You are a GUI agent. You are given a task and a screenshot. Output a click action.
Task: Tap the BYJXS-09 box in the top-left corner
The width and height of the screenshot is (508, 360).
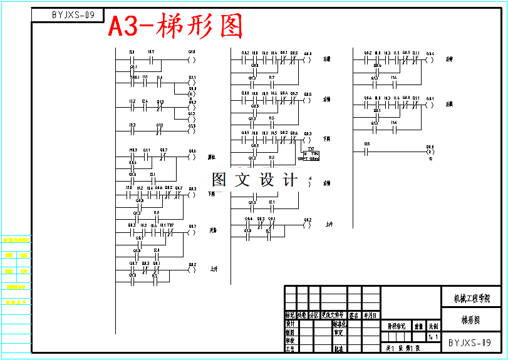click(73, 14)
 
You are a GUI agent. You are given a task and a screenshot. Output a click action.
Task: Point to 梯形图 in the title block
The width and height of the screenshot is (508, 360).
click(470, 320)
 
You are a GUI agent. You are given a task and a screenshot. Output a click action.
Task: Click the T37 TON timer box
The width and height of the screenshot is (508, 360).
click(311, 155)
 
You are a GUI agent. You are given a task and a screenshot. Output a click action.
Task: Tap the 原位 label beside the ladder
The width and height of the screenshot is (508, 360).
click(212, 157)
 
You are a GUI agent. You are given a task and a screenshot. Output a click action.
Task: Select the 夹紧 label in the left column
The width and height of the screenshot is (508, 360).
click(213, 230)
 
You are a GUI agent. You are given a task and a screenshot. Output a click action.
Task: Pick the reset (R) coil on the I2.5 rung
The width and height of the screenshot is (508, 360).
click(430, 152)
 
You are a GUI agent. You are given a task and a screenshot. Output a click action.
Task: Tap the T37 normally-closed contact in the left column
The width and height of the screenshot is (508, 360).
click(170, 230)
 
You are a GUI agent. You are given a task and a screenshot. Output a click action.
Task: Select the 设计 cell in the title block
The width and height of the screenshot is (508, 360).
click(290, 324)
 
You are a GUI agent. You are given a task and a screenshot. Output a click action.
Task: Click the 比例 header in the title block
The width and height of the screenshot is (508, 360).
click(433, 326)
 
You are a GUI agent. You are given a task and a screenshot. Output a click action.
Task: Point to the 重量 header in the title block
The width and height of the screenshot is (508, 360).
click(418, 326)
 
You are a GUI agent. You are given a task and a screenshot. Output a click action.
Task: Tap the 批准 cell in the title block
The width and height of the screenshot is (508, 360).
click(338, 349)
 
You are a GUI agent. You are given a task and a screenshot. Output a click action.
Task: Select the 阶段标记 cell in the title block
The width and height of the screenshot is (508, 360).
click(396, 326)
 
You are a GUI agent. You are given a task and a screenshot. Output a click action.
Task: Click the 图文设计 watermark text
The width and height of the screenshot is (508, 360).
click(254, 180)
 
